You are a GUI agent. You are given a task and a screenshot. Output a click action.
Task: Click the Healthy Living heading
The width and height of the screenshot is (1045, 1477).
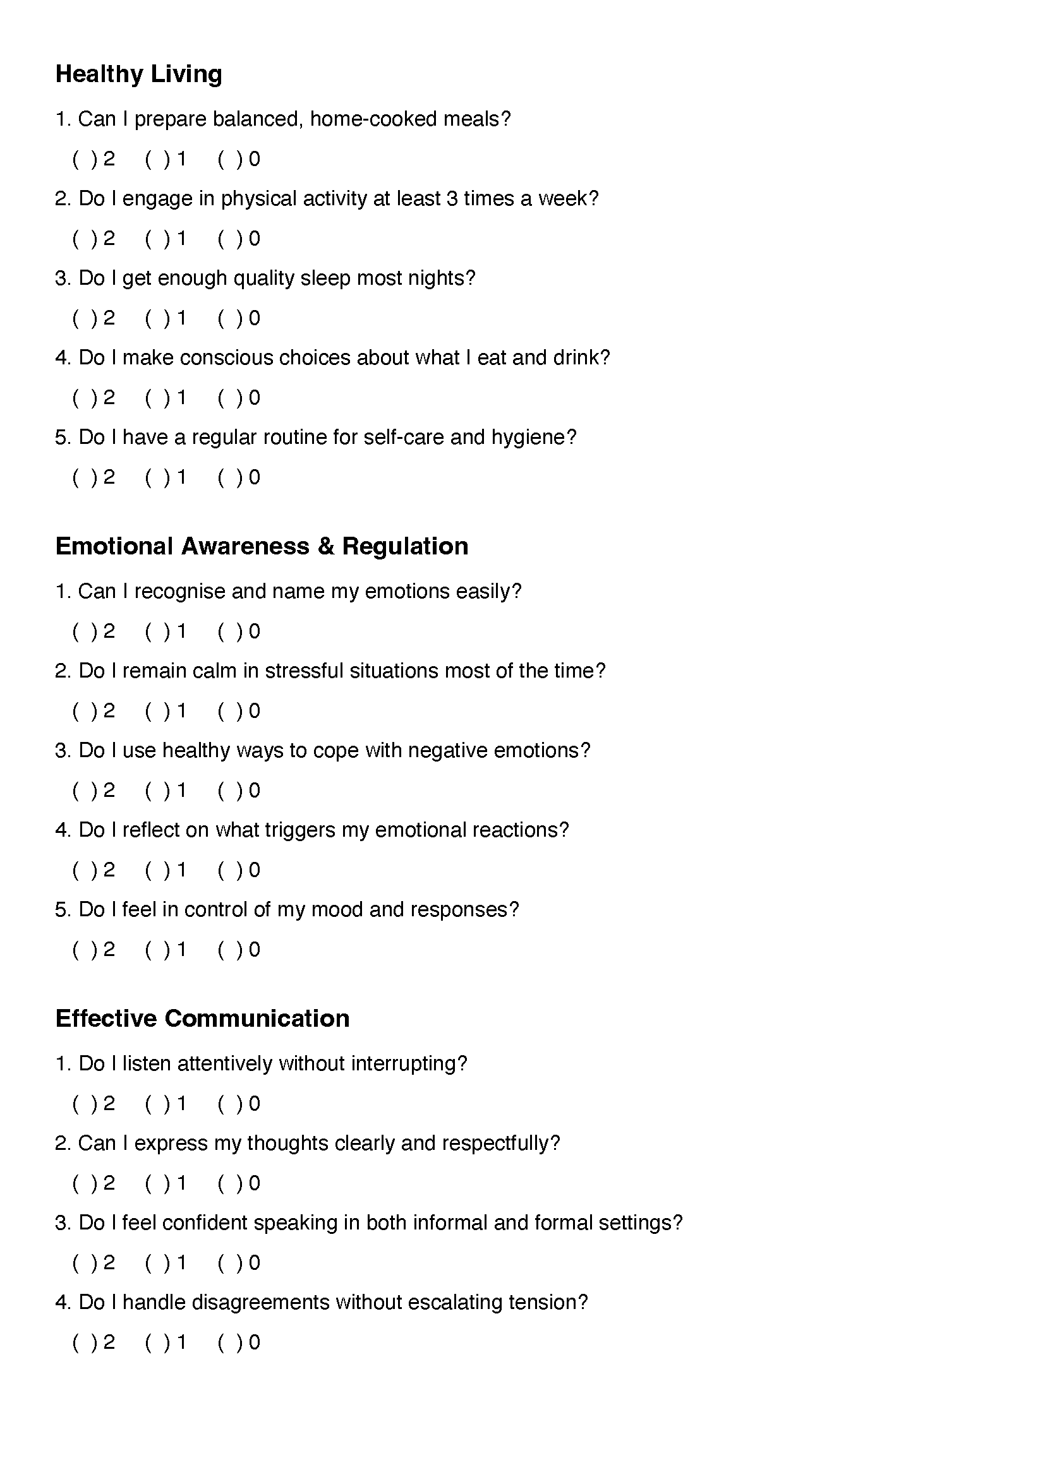coord(138,74)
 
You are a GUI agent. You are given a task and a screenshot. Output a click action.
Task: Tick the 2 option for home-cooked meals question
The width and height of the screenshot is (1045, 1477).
coord(85,159)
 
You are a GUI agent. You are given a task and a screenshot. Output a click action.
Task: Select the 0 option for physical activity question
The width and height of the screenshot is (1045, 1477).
coord(231,239)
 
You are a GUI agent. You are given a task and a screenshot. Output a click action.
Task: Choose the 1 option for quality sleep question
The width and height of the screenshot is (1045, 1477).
coord(158,318)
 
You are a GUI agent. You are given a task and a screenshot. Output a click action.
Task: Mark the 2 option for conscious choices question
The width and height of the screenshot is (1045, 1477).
coord(85,398)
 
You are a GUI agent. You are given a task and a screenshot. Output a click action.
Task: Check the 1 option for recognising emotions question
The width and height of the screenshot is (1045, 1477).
coord(158,631)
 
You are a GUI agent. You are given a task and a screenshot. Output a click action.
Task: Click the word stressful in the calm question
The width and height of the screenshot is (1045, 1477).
coord(305,671)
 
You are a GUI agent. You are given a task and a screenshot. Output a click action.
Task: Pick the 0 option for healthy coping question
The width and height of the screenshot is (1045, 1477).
coord(231,791)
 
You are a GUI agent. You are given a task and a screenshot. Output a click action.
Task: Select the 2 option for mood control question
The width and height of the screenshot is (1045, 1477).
coord(85,950)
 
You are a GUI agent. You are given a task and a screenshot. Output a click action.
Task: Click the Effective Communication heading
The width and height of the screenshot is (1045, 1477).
coord(202,1019)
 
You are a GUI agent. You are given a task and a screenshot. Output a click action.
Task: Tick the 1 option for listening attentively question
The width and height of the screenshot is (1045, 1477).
coord(158,1104)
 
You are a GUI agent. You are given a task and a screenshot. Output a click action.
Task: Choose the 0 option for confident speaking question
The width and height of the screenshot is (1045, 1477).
coord(231,1263)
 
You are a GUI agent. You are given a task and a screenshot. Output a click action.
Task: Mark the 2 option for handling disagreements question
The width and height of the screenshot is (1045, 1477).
coord(85,1342)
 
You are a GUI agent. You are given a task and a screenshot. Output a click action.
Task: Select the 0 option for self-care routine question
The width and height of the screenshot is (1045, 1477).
coord(231,477)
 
